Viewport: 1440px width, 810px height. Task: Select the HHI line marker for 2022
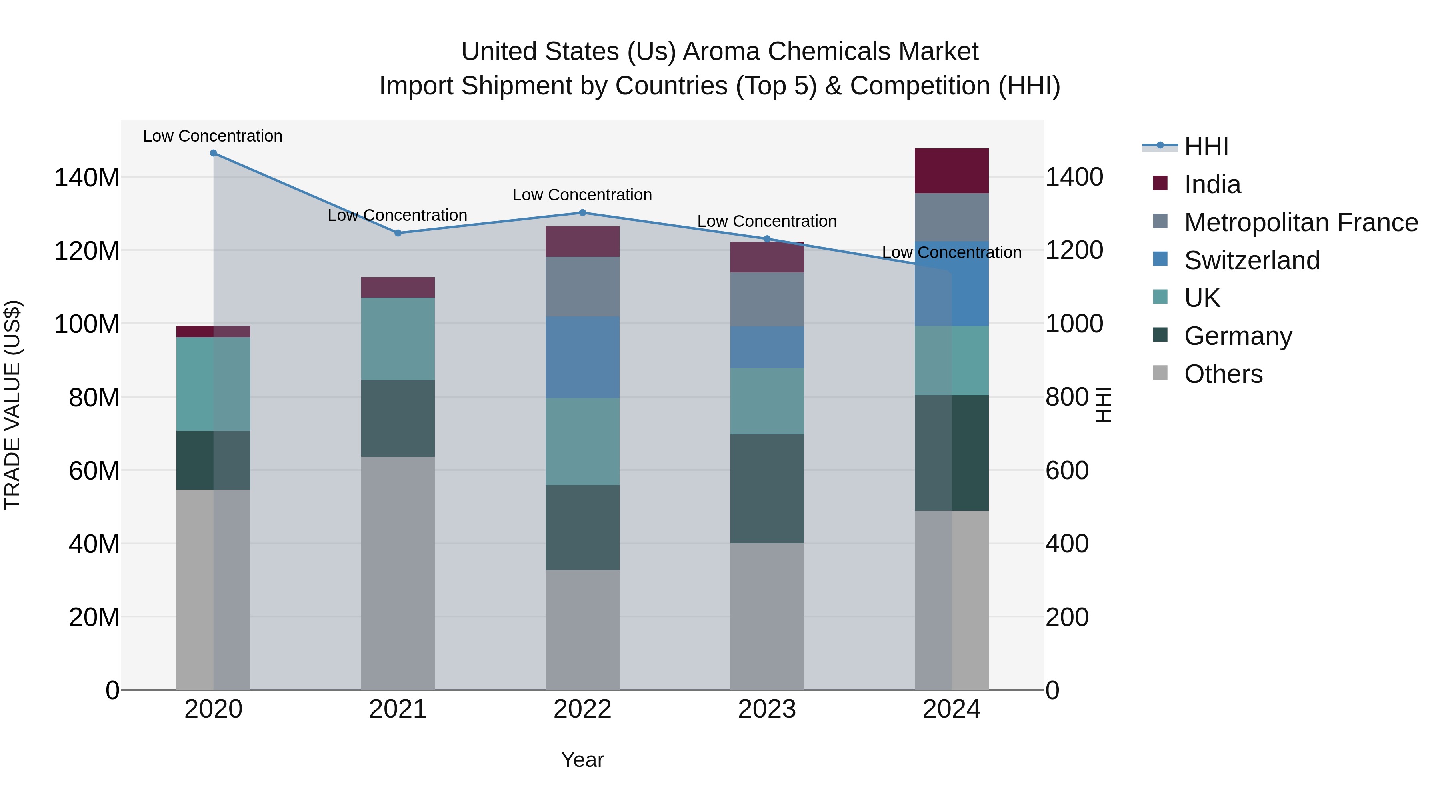582,212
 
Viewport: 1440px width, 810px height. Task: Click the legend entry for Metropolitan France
1300,222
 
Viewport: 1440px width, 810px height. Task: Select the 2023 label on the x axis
766,709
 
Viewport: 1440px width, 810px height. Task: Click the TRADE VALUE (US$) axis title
12,405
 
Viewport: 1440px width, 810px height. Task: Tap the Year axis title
582,760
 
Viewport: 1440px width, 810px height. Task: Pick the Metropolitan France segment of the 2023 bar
766,299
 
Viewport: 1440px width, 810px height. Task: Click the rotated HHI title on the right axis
1103,405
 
